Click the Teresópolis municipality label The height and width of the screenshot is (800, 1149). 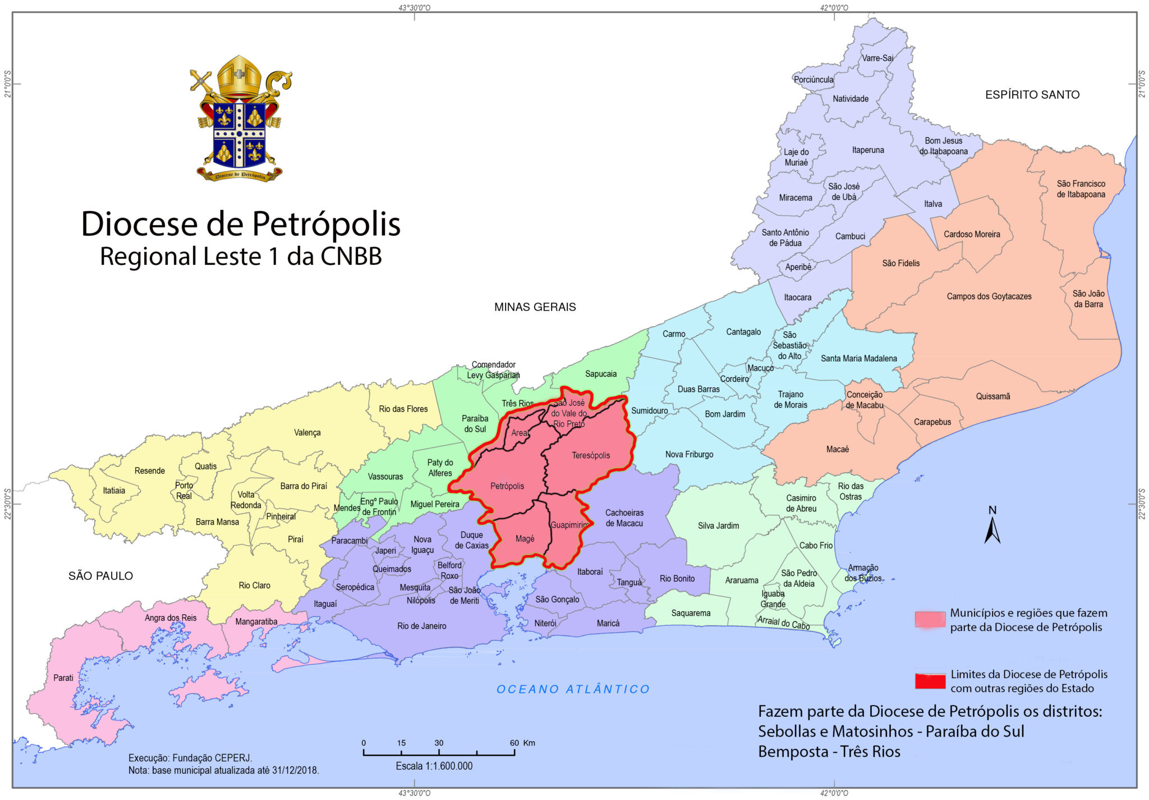coord(591,455)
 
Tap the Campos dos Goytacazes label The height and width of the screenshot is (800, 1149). coord(989,296)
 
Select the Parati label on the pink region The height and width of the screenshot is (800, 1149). coord(63,678)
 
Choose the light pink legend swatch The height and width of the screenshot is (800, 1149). coord(930,620)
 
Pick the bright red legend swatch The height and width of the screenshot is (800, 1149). coord(930,681)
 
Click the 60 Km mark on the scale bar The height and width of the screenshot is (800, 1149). coord(514,743)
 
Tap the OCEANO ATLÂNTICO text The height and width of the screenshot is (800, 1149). coord(573,689)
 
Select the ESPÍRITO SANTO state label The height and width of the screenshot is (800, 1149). coord(1032,95)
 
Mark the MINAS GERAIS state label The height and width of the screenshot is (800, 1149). coord(535,307)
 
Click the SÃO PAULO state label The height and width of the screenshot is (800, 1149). coord(100,576)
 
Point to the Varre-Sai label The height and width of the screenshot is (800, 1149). coord(877,58)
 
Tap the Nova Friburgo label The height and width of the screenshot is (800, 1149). coord(689,454)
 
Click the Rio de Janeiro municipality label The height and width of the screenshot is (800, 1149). coord(421,626)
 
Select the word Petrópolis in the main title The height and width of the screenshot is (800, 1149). coord(326,224)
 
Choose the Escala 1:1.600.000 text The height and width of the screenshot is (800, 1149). coord(434,766)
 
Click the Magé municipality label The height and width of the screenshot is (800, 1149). coord(525,539)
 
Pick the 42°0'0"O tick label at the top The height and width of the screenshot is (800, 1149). coord(834,7)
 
